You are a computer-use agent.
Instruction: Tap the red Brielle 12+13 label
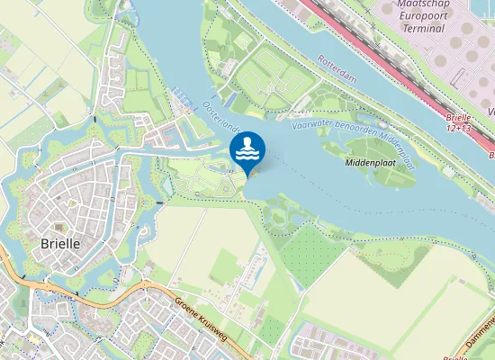(458, 123)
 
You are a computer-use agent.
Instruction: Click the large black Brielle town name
(61, 244)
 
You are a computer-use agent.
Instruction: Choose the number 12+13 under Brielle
(458, 130)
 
